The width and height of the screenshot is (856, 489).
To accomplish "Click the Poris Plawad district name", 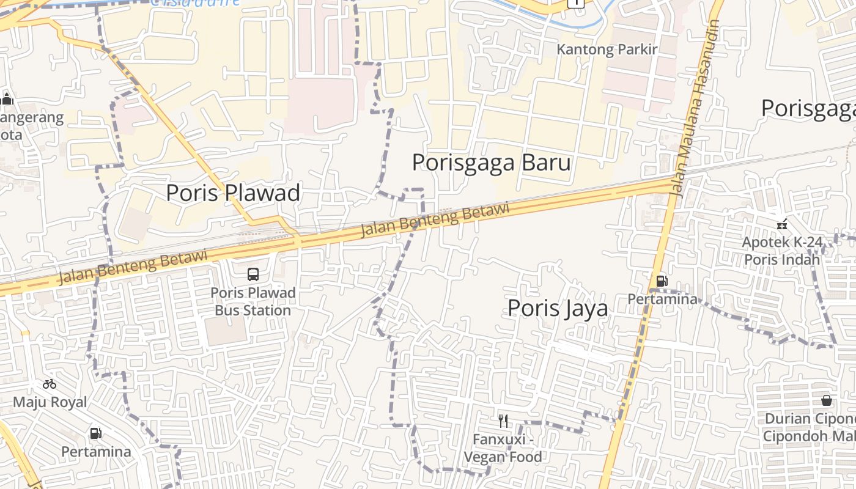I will (x=233, y=193).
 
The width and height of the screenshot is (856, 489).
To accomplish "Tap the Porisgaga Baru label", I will (x=491, y=163).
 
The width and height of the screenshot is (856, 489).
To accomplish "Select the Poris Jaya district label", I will (x=558, y=307).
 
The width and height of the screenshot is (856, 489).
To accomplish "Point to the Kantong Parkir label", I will (x=607, y=50).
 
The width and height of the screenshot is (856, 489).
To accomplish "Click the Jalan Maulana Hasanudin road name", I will (x=695, y=110).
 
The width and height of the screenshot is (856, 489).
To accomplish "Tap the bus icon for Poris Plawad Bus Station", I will (x=253, y=274).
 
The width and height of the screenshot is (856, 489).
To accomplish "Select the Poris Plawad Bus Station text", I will (x=253, y=301).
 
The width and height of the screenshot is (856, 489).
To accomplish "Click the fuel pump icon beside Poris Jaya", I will (x=661, y=281).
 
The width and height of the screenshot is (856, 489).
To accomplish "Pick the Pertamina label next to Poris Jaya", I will (x=662, y=299).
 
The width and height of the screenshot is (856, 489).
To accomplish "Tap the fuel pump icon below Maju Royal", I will (x=96, y=433).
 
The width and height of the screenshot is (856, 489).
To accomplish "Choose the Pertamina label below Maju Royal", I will (x=96, y=452).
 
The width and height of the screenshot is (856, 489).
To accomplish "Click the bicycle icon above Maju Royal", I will (x=50, y=384).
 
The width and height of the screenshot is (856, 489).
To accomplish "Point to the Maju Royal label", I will (x=50, y=402).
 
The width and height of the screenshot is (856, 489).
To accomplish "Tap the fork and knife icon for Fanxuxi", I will (x=503, y=421).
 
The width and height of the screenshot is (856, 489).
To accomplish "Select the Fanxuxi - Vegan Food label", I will (x=503, y=448).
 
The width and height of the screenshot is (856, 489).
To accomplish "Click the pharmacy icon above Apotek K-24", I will (x=781, y=224).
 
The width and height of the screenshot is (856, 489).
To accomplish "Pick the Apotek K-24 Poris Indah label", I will (x=781, y=251).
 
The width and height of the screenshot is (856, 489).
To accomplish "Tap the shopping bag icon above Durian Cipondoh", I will (x=827, y=400).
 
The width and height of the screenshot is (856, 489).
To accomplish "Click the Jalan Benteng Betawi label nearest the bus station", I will (x=133, y=267).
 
